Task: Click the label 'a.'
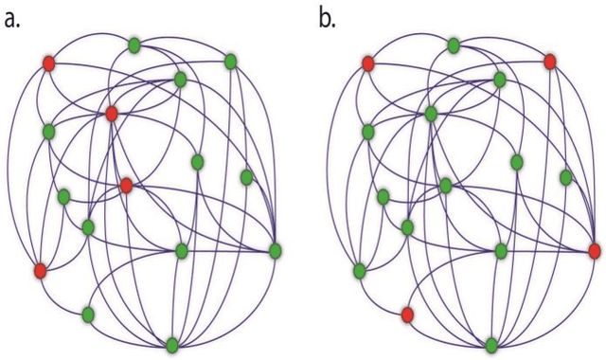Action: click(13, 19)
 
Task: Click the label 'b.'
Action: click(328, 19)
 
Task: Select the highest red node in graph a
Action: click(48, 63)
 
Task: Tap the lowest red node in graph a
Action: click(40, 271)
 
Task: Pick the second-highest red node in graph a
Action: click(112, 114)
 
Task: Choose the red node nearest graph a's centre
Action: click(126, 186)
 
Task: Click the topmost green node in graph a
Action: click(134, 44)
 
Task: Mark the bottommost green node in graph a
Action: click(172, 344)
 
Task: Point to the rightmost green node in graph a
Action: click(276, 250)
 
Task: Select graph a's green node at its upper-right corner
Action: click(230, 62)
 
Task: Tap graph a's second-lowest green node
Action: click(88, 314)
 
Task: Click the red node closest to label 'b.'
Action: click(367, 63)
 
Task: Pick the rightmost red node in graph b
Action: click(594, 250)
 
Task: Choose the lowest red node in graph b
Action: click(407, 314)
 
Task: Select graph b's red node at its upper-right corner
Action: click(549, 62)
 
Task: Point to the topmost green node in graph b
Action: click(454, 44)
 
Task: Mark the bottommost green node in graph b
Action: click(491, 344)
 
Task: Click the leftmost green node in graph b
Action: click(359, 271)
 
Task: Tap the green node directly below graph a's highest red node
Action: click(48, 131)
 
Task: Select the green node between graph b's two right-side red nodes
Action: click(565, 177)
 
